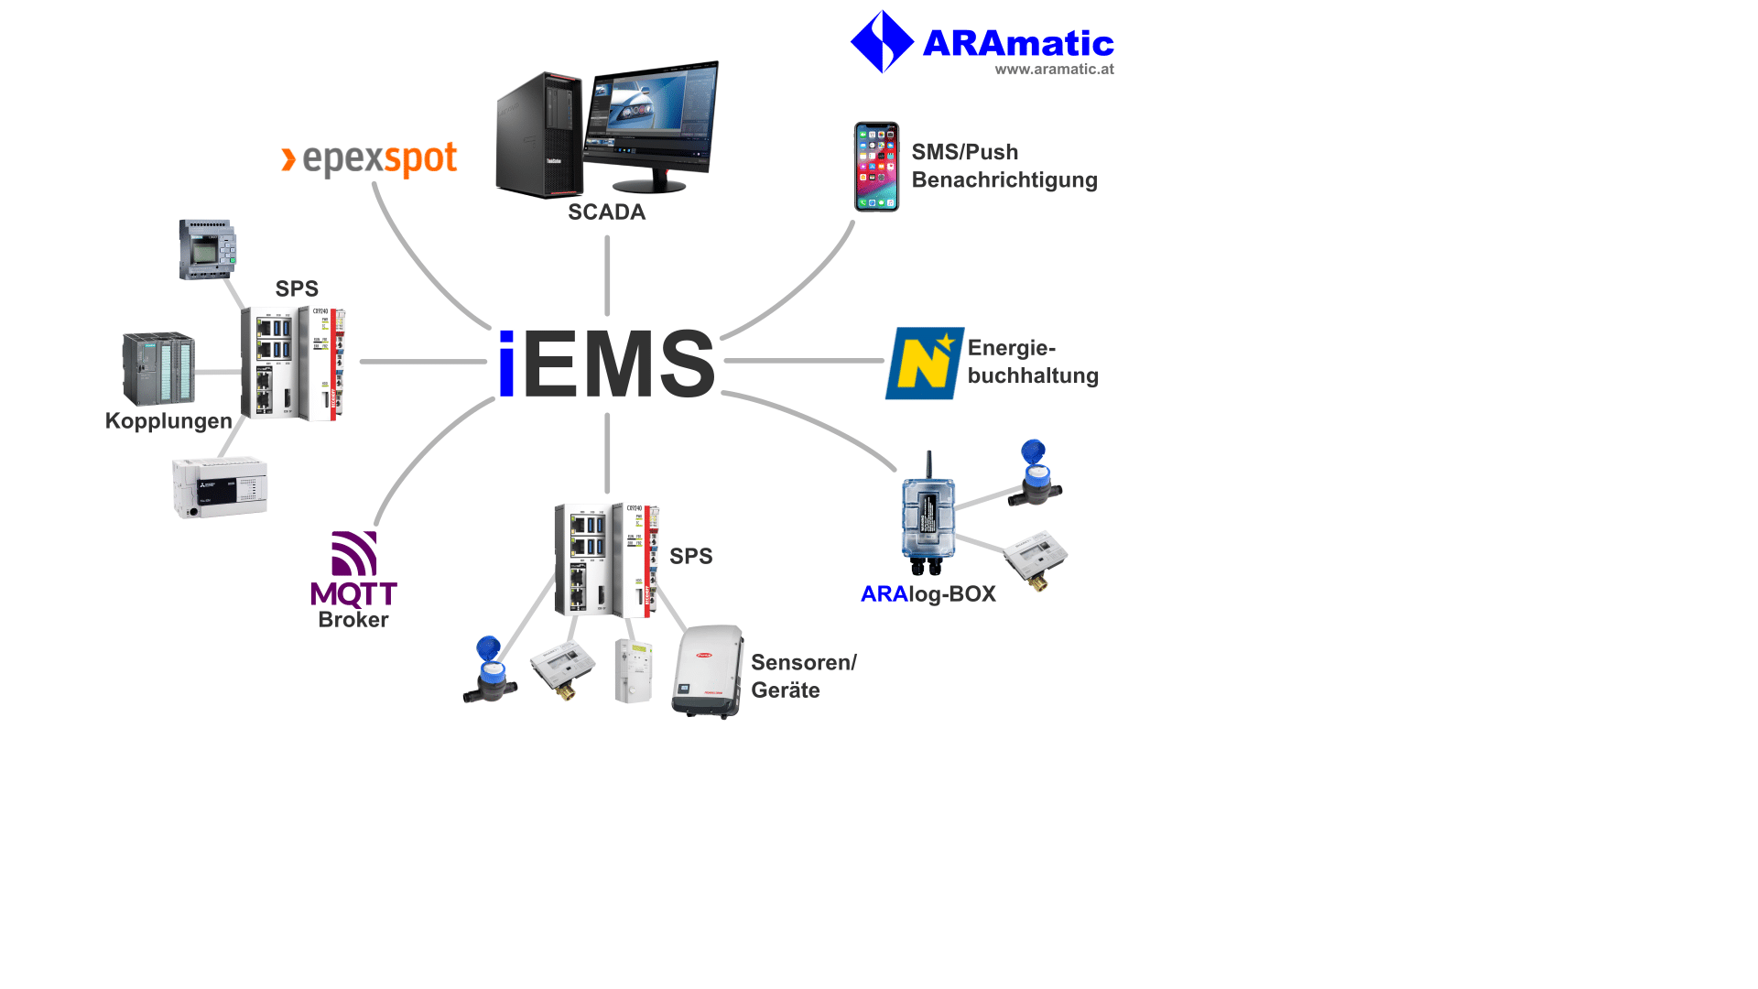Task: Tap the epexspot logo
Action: tap(369, 159)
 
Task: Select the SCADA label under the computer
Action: tap(606, 212)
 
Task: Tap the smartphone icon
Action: tap(876, 167)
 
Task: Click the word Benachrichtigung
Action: tap(1004, 180)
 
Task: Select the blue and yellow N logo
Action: tap(924, 364)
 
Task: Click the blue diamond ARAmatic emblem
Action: tap(882, 41)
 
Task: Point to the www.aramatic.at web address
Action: tap(1054, 70)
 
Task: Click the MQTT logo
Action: tap(353, 569)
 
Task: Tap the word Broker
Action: tap(353, 620)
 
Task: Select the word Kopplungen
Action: tap(168, 421)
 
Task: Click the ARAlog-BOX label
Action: tap(928, 594)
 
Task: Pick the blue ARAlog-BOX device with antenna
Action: tap(928, 517)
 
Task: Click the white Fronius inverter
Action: tap(707, 671)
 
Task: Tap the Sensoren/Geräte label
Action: tap(802, 676)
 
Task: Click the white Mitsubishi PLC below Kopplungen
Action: tap(220, 487)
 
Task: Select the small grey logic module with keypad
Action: tap(207, 249)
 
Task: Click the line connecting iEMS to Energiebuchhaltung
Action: tap(804, 361)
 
